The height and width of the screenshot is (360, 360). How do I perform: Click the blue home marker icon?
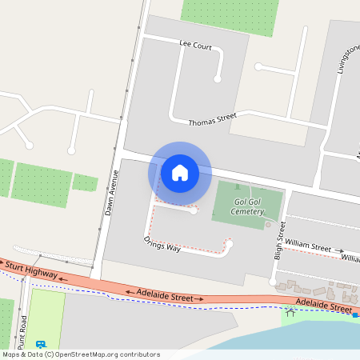click(x=180, y=172)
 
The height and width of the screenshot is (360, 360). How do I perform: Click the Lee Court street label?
click(x=195, y=46)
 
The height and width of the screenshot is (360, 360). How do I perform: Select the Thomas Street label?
click(x=212, y=120)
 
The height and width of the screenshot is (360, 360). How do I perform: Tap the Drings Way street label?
click(x=162, y=244)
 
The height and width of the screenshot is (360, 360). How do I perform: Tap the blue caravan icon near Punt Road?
click(x=39, y=345)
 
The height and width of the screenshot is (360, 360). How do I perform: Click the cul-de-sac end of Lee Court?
click(x=217, y=78)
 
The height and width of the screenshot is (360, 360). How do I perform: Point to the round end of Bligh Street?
click(x=273, y=282)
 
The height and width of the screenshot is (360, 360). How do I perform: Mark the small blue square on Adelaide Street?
click(x=354, y=315)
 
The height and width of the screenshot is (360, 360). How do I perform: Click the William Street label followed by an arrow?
click(x=308, y=246)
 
